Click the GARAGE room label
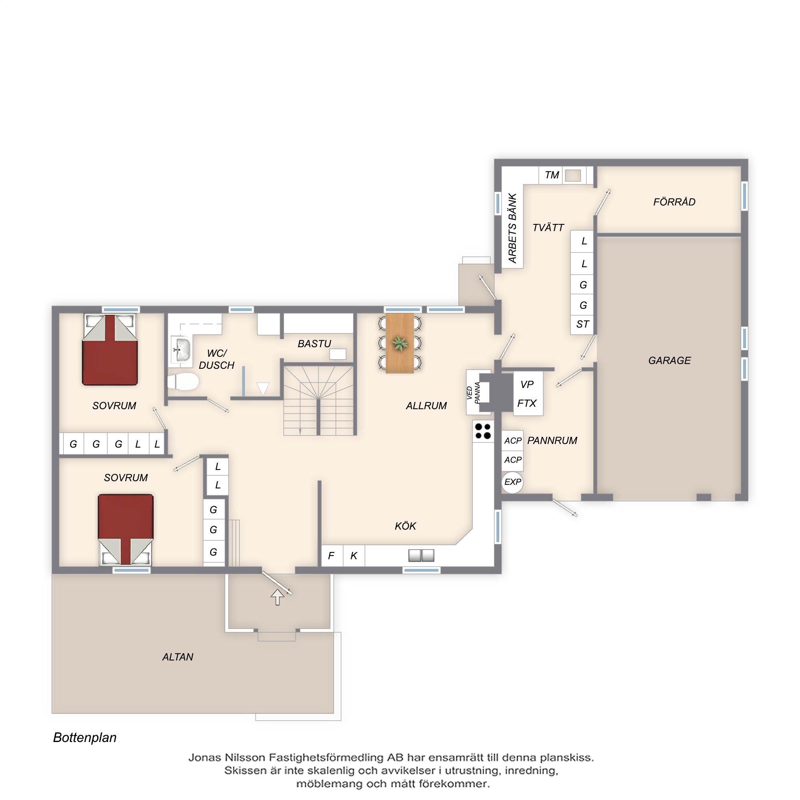coord(670,361)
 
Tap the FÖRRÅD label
coord(674,202)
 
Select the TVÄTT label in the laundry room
coord(548,227)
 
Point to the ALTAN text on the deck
coord(178,657)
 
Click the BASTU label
coord(314,344)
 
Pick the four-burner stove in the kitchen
coord(483,431)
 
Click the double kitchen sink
coord(421,555)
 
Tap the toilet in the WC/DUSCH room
coord(183,381)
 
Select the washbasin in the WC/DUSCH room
coord(181,349)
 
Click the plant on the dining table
coord(400,343)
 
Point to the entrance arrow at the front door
coord(278,597)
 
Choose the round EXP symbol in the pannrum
coord(512,482)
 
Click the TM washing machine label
coord(552,175)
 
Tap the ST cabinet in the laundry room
coord(582,324)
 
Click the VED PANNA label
coord(473,392)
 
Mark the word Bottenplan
coord(85,738)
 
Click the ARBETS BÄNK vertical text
coord(513,228)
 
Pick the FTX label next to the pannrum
coord(527,403)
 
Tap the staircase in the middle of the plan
coord(318,400)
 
